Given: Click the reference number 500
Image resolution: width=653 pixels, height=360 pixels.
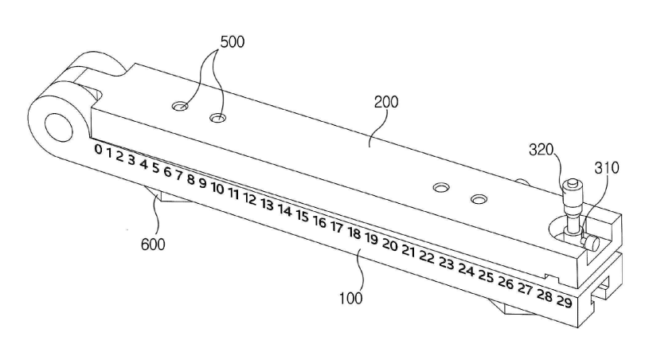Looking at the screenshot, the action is [x=233, y=41].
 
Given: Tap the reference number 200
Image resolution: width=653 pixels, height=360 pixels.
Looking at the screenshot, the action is [x=386, y=102].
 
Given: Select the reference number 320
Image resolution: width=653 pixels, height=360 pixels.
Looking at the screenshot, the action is [x=541, y=150].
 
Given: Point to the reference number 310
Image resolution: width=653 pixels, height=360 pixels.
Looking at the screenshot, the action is [x=607, y=168].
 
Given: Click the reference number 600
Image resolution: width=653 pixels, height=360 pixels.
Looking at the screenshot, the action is [x=153, y=245].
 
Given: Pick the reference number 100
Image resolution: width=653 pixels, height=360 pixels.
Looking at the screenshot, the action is [x=350, y=299].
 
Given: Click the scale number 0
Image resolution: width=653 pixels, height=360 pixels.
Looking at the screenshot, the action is [x=98, y=149].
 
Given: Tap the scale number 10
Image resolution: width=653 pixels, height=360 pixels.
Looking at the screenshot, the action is [x=217, y=188].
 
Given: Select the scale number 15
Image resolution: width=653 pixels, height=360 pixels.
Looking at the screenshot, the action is [x=303, y=216].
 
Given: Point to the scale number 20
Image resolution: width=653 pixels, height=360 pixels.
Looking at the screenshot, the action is [x=389, y=245].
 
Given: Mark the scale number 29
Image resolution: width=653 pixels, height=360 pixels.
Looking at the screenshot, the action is [x=565, y=301].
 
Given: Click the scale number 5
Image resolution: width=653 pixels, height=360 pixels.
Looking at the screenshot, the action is [x=156, y=168].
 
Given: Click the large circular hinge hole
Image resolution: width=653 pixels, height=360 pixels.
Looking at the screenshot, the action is [x=59, y=127].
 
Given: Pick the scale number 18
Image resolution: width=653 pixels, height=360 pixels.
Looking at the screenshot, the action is [x=354, y=233].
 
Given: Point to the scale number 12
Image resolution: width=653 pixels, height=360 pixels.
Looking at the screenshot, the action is [x=250, y=199].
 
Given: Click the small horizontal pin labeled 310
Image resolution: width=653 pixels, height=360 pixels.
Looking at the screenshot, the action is [x=591, y=244].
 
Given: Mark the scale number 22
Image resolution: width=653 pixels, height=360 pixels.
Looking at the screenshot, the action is [x=427, y=256].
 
